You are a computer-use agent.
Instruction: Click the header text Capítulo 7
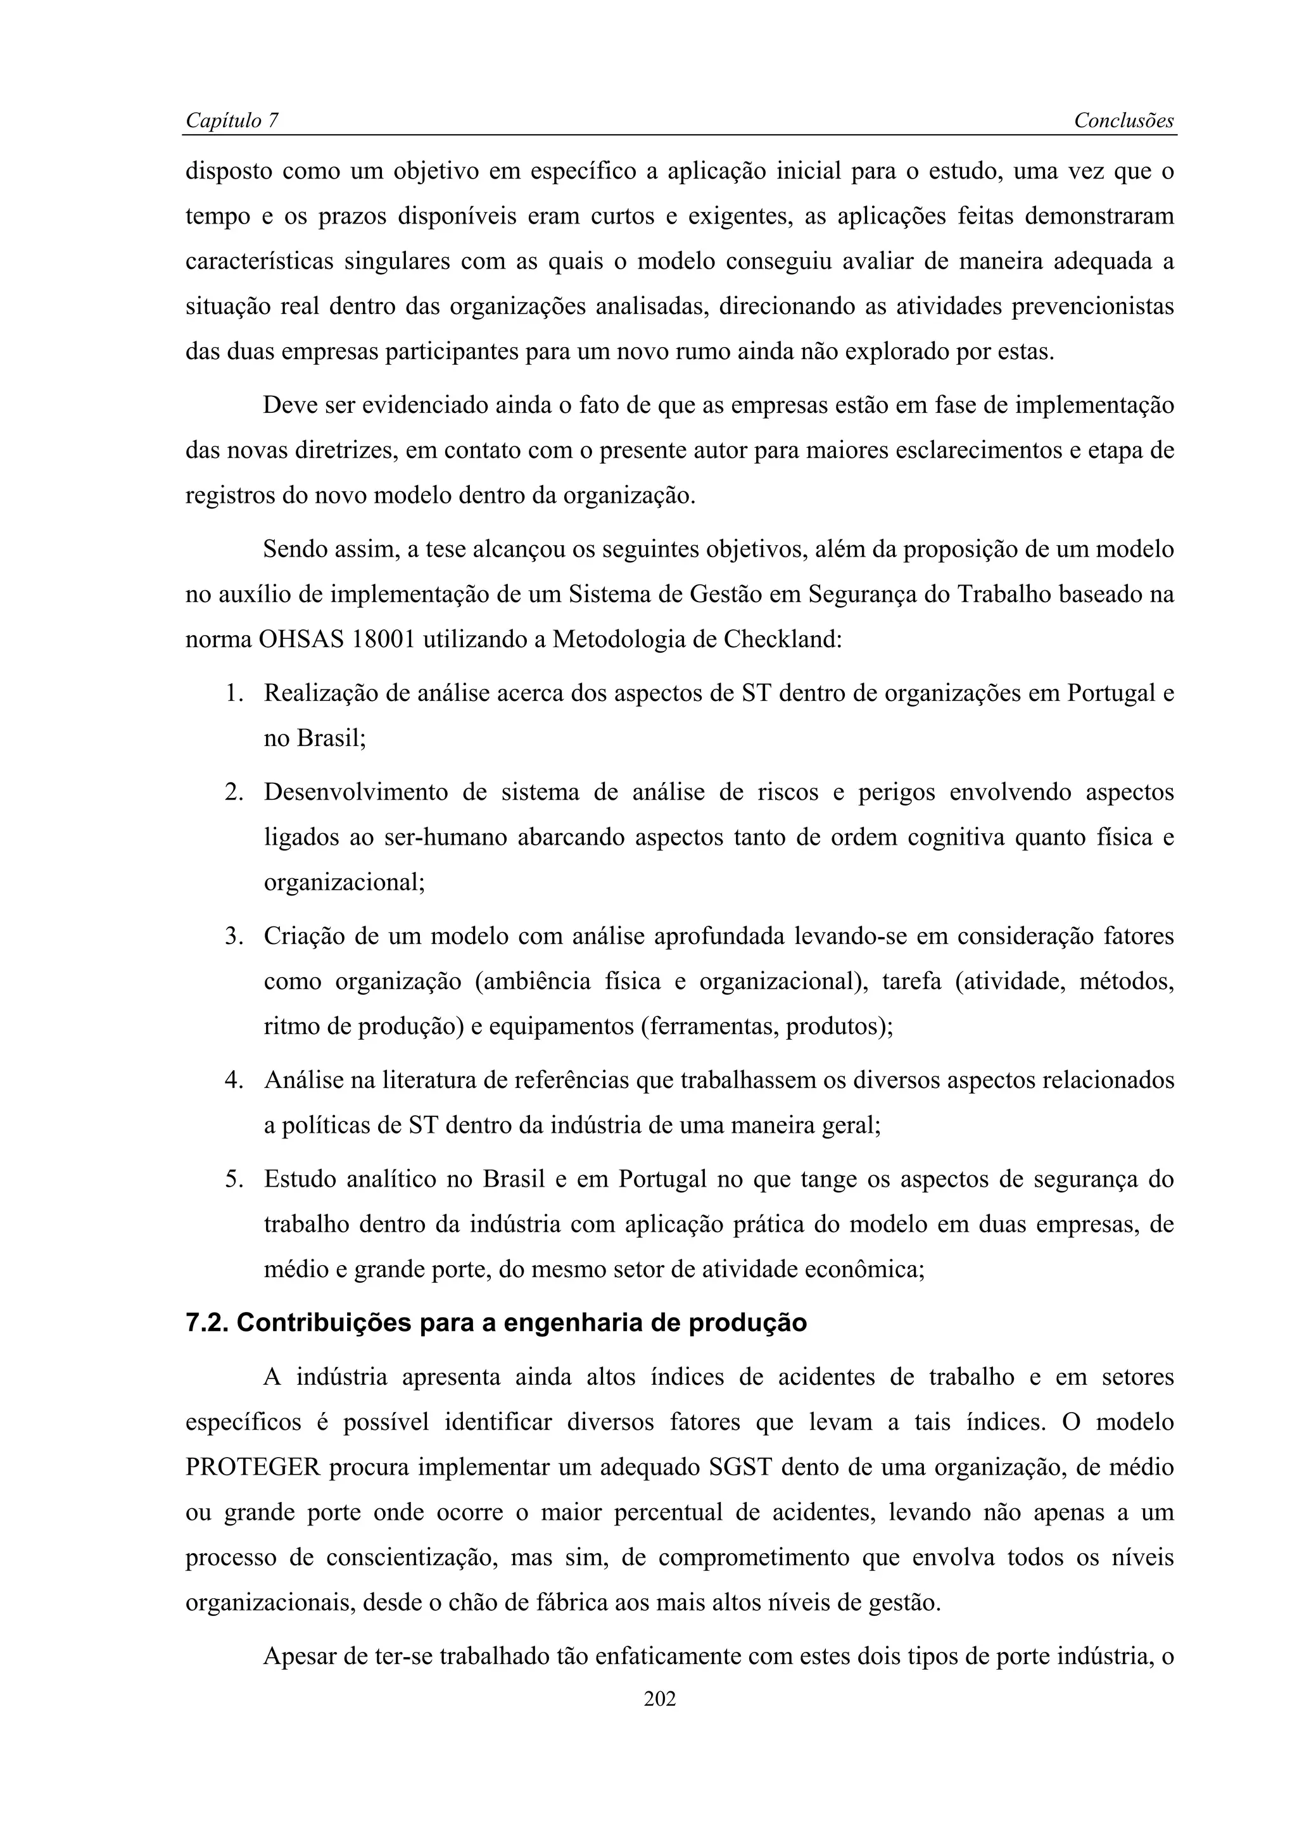tap(232, 121)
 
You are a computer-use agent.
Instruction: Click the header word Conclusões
tap(1123, 121)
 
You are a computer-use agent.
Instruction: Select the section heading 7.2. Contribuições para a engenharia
tap(495, 1323)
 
